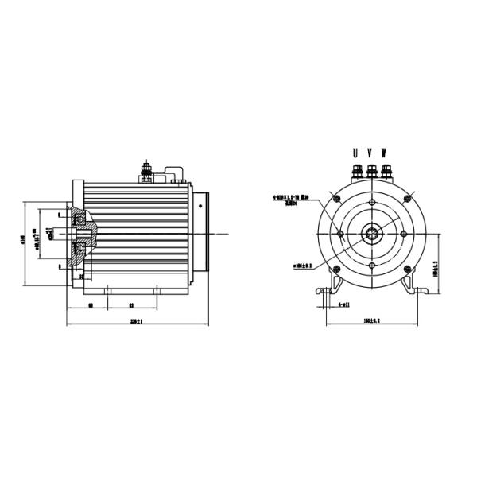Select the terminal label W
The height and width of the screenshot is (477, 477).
tap(385, 152)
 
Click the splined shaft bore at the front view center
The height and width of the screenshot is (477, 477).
tap(370, 233)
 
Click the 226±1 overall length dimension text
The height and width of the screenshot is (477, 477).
tap(137, 321)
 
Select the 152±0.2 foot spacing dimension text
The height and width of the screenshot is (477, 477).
tap(371, 320)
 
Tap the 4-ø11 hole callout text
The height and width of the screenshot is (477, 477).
tap(343, 304)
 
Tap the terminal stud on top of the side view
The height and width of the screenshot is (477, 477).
tap(146, 169)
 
